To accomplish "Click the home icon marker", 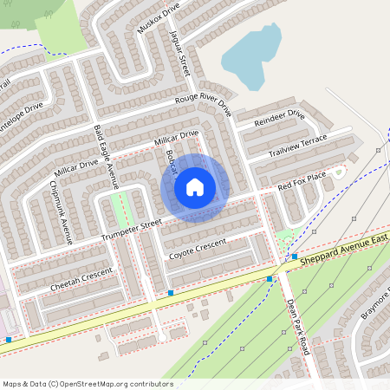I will [195, 187].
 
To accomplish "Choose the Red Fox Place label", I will [302, 181].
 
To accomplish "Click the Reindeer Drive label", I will [279, 119].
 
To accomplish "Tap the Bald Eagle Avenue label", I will [105, 156].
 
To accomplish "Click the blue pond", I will [252, 55].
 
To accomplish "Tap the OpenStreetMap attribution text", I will [88, 383].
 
